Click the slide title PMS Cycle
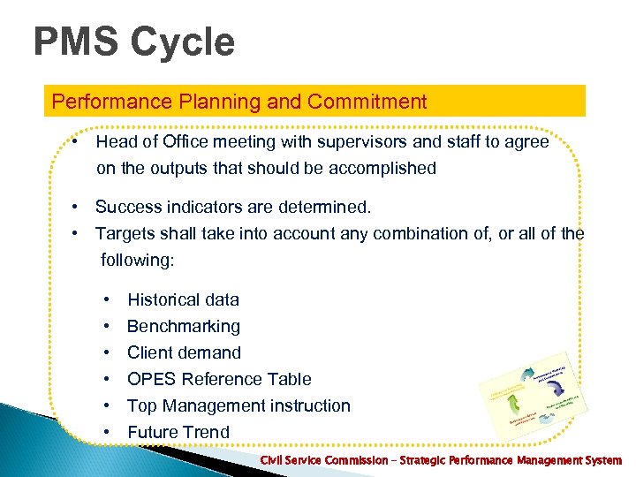(x=134, y=42)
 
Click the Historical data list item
(x=183, y=299)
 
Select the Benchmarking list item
(x=184, y=326)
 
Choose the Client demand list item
(x=184, y=352)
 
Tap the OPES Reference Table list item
(x=219, y=379)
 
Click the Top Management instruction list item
(x=238, y=405)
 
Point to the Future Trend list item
(x=178, y=432)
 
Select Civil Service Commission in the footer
(x=323, y=461)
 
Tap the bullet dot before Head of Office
(x=78, y=141)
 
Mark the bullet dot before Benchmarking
(x=106, y=326)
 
